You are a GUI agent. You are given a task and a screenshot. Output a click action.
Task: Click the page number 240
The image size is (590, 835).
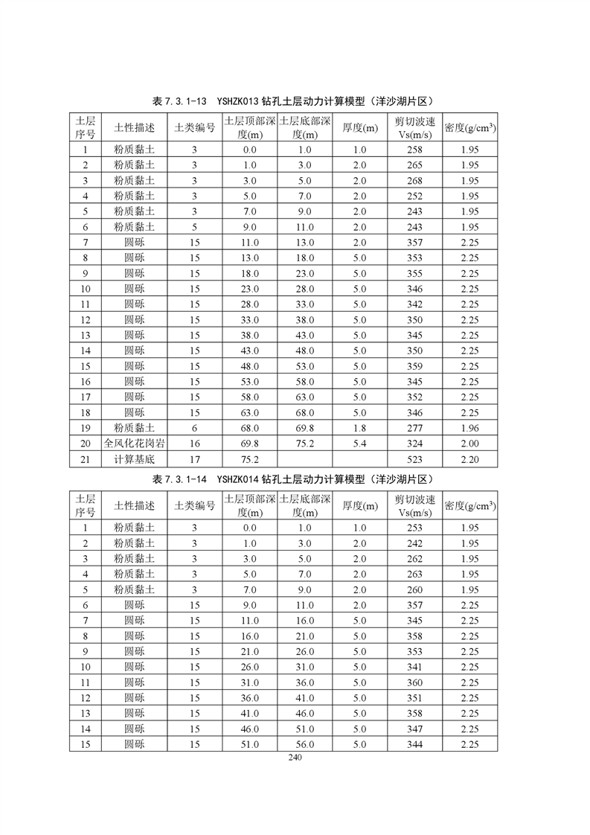[x=295, y=758]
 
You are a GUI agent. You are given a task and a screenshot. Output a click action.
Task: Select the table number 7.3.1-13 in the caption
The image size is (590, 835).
[x=179, y=101]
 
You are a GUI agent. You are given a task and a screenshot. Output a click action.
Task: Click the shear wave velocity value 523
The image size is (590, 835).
[x=414, y=459]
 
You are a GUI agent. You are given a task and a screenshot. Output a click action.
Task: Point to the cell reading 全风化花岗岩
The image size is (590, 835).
[x=135, y=444]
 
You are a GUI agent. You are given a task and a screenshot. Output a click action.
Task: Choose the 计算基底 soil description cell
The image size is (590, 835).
[x=135, y=459]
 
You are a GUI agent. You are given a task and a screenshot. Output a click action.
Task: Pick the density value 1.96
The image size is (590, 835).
[x=469, y=428]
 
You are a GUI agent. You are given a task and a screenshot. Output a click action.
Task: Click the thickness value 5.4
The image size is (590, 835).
[x=359, y=444]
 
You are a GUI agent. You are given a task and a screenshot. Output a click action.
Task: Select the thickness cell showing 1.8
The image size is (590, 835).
[x=359, y=428]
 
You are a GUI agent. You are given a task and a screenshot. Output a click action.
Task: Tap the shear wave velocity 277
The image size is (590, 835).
[x=414, y=428]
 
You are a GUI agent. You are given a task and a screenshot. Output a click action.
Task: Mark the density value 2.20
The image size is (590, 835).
[x=469, y=459]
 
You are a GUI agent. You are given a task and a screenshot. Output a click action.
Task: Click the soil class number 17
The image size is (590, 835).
[x=195, y=459]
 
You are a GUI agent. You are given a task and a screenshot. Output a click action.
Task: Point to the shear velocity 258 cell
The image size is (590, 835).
[x=414, y=150]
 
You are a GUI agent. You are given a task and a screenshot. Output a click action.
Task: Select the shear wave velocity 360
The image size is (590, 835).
[x=414, y=682]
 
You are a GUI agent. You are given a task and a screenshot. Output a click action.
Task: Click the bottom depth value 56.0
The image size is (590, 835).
[x=304, y=744]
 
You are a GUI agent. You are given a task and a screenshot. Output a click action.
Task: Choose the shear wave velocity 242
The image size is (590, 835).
[x=414, y=543]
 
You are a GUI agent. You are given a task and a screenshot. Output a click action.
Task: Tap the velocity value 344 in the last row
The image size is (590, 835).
[x=414, y=744]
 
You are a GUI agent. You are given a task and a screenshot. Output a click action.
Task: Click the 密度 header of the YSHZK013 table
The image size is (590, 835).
[x=470, y=127]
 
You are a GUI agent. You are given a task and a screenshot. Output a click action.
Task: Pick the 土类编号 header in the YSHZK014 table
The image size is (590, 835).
[x=195, y=506]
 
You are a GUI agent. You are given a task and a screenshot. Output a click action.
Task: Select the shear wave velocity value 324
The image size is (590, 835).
[x=414, y=444]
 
